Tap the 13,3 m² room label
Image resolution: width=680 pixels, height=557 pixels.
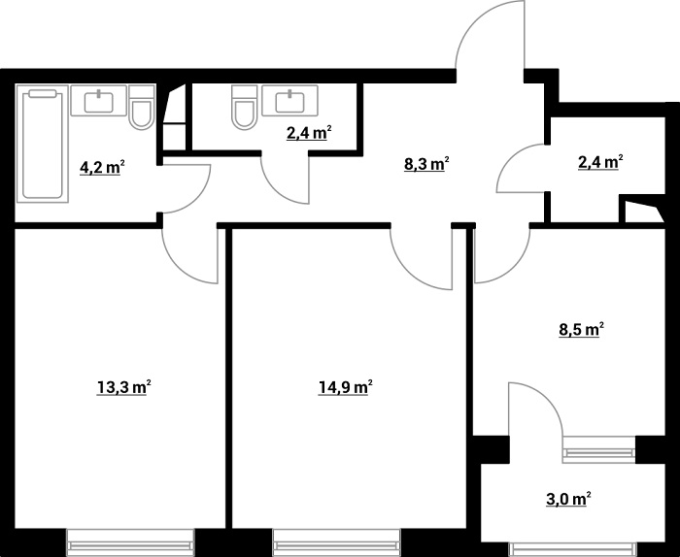[123, 387]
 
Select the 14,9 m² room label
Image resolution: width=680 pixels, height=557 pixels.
[346, 387]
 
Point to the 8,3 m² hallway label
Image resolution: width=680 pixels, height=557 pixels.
[426, 165]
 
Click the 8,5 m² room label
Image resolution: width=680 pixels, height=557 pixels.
[582, 330]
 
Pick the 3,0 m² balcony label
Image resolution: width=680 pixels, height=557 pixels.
[568, 499]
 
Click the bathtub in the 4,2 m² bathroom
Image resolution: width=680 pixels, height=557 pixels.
[43, 144]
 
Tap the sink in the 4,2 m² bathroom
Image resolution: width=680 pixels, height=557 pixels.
[99, 101]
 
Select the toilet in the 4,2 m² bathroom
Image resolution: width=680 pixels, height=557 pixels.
[142, 108]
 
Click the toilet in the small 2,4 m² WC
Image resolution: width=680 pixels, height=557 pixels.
[245, 107]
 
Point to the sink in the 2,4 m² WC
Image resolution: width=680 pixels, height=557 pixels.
[289, 101]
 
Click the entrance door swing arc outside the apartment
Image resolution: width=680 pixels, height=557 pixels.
[474, 26]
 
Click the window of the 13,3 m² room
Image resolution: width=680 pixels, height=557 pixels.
[129, 542]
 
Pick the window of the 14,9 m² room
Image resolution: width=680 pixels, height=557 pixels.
[336, 542]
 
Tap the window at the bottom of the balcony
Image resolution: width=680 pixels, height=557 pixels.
[573, 549]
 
